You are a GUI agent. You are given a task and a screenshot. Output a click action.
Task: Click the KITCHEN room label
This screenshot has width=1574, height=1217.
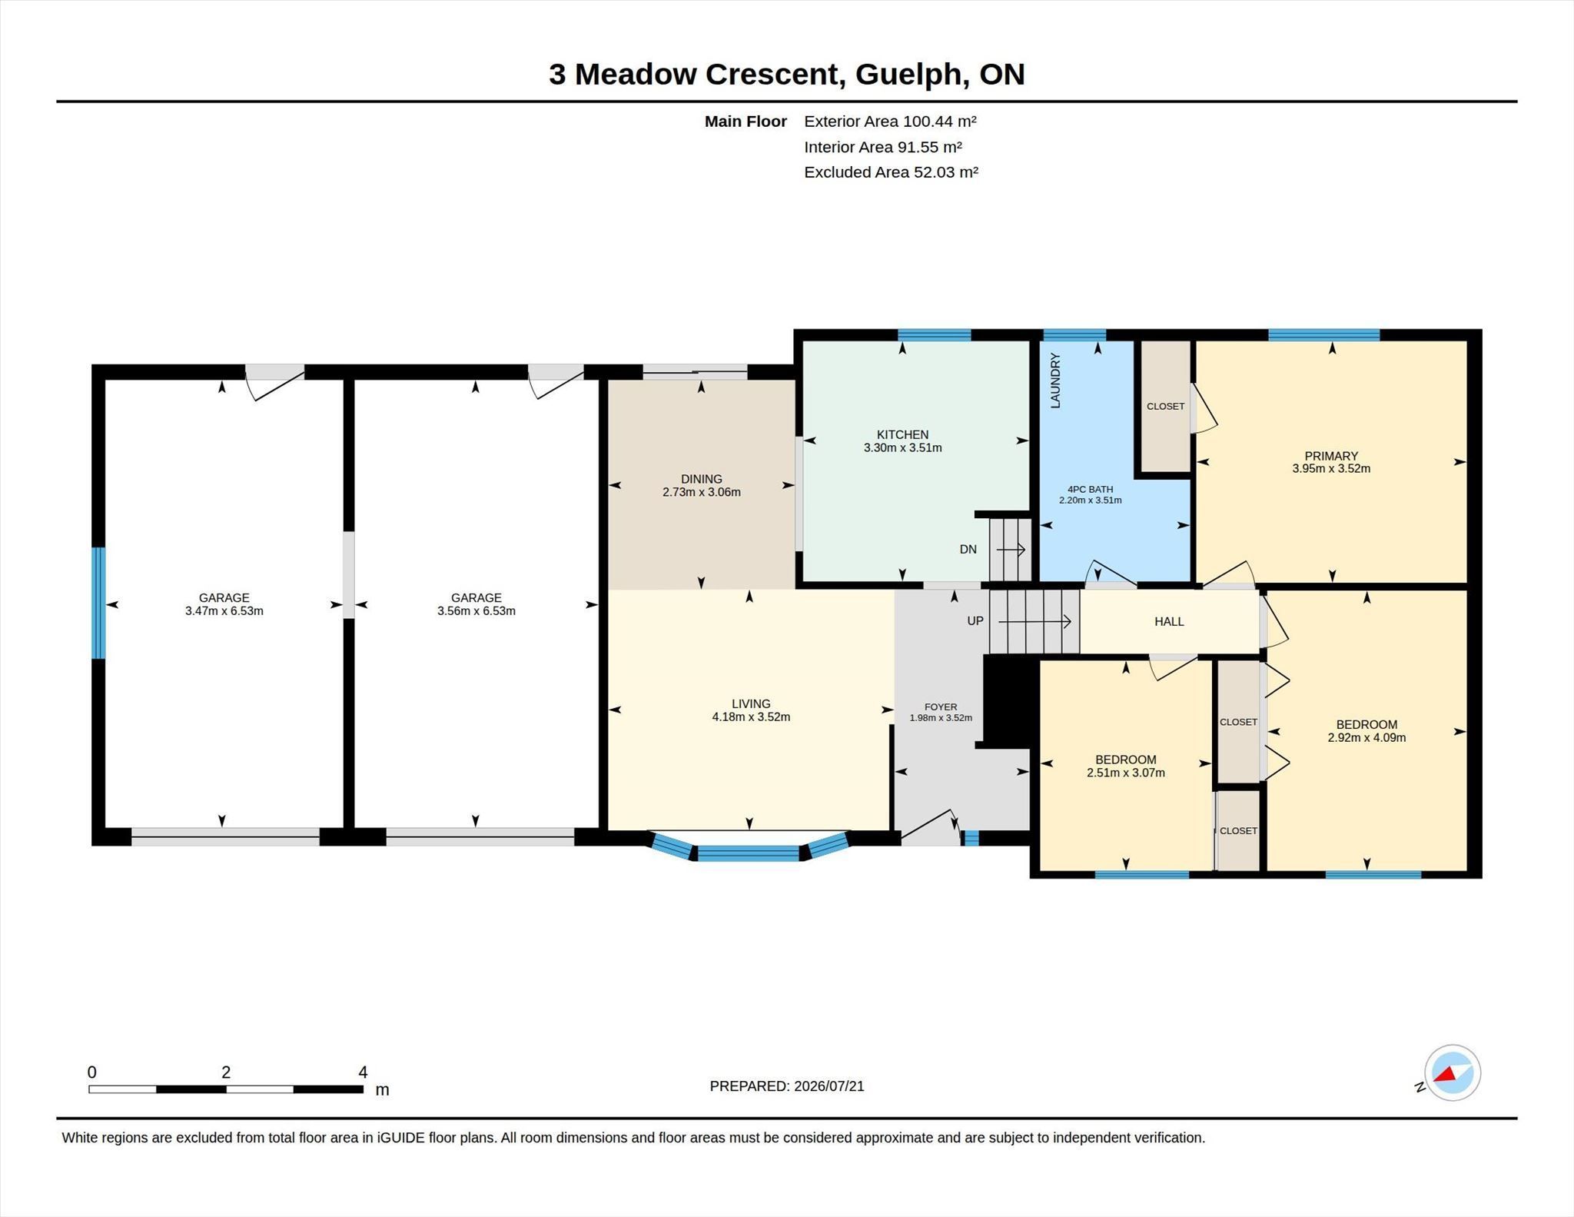[x=902, y=434]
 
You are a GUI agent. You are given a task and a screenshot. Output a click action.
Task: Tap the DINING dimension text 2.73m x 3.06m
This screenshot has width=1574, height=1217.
[x=702, y=492]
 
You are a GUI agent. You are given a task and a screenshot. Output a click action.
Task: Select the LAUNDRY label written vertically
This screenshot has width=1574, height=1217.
[x=1055, y=381]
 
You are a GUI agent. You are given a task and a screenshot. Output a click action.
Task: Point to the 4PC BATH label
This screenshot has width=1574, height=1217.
[x=1090, y=489]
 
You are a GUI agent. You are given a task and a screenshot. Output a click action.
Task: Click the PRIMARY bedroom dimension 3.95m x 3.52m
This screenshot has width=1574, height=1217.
[x=1331, y=468]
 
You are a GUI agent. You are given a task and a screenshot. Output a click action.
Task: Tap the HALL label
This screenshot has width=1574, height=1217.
[x=1169, y=621]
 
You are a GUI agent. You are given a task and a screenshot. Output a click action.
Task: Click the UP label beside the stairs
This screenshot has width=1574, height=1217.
[x=975, y=620]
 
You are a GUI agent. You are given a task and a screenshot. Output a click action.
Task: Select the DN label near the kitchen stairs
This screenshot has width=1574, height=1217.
[x=968, y=549]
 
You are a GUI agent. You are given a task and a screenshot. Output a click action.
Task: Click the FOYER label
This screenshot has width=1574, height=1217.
[x=941, y=707]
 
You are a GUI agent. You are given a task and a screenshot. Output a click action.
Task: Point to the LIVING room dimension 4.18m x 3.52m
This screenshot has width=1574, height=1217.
[x=751, y=717]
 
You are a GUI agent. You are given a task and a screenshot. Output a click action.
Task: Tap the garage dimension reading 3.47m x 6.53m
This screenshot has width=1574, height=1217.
[x=224, y=611]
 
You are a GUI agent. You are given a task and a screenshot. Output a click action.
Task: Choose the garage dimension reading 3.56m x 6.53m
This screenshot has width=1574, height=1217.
[x=477, y=611]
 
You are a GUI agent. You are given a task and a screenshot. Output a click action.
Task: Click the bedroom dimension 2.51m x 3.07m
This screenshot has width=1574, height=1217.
[x=1126, y=773]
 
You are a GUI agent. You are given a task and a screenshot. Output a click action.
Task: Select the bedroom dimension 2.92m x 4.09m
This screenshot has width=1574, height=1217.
[x=1366, y=737]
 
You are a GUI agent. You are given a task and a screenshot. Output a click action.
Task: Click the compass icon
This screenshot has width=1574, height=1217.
[x=1452, y=1072]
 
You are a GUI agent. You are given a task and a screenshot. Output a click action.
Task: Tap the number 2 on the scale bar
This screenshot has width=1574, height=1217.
[x=226, y=1072]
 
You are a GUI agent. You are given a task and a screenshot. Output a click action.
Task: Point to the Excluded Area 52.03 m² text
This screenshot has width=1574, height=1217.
[x=891, y=172]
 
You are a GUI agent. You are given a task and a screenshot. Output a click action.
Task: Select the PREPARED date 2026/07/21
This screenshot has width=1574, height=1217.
[x=829, y=1086]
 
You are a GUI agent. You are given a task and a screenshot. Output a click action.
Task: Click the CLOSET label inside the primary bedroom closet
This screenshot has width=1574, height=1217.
[x=1165, y=406]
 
